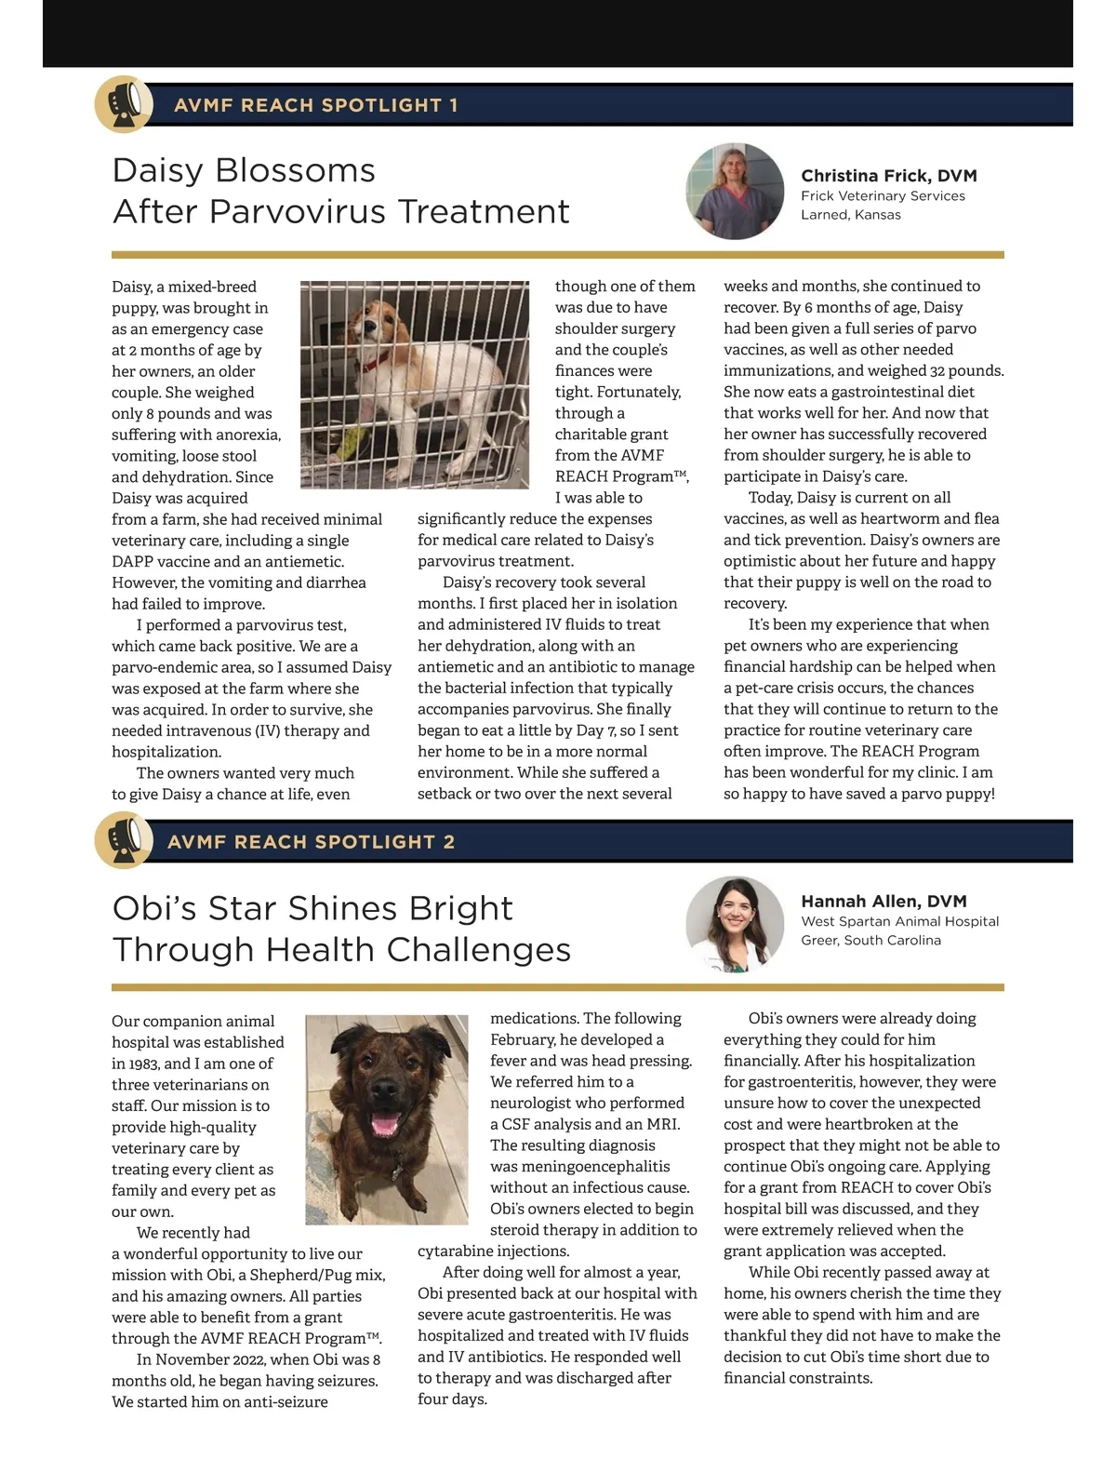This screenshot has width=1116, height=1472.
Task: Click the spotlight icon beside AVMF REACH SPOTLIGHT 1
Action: (124, 103)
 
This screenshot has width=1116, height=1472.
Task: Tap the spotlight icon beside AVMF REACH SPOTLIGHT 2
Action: (124, 840)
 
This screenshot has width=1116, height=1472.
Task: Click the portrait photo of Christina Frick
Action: (735, 191)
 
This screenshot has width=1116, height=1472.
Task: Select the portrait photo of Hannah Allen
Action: (735, 924)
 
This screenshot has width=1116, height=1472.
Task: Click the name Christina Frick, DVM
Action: (888, 176)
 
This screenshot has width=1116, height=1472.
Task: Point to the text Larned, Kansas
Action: (850, 215)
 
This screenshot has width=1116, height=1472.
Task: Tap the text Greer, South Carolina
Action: (870, 941)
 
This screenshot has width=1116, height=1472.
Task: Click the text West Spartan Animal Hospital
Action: (899, 922)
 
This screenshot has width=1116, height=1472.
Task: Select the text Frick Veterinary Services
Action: (883, 196)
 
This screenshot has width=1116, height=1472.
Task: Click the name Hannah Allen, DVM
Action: (883, 902)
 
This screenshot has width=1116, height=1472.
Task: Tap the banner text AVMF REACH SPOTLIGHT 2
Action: (311, 842)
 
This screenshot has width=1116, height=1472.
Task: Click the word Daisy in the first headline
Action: (153, 171)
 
